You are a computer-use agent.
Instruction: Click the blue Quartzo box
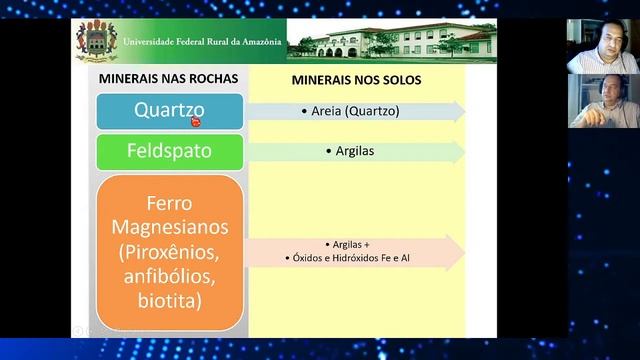click(169, 111)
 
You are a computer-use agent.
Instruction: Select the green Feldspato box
click(169, 152)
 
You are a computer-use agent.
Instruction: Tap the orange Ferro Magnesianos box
click(169, 252)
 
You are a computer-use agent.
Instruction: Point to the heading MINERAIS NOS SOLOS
click(356, 78)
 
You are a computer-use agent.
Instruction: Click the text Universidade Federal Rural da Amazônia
click(202, 42)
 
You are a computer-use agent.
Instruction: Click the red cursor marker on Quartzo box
click(196, 122)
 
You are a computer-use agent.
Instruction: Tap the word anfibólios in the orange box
click(169, 275)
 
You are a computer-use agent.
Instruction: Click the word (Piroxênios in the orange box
click(169, 250)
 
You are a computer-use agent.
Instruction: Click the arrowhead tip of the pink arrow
click(464, 252)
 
